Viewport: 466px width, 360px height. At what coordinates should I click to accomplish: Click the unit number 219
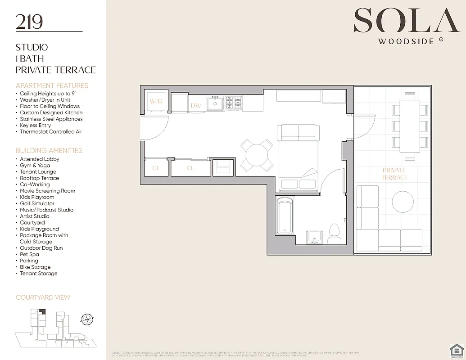29,22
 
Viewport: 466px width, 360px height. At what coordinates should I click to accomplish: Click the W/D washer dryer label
156,101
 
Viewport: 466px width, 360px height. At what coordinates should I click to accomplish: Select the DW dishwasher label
196,105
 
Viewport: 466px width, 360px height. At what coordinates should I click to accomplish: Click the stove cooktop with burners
234,103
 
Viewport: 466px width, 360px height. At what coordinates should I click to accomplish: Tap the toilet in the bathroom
334,231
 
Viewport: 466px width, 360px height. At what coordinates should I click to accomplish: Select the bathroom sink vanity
315,236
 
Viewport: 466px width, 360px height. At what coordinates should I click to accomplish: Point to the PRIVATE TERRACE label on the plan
394,174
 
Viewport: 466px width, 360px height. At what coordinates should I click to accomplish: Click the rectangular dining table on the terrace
410,126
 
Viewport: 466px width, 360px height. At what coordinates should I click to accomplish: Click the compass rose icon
86,319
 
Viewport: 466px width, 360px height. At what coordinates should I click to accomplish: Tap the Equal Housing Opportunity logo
456,350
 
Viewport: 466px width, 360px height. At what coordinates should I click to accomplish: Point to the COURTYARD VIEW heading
43,297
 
